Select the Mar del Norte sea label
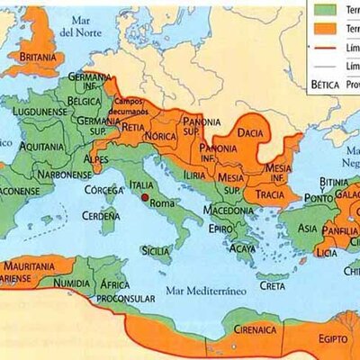(76, 26)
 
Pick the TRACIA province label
(256, 190)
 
